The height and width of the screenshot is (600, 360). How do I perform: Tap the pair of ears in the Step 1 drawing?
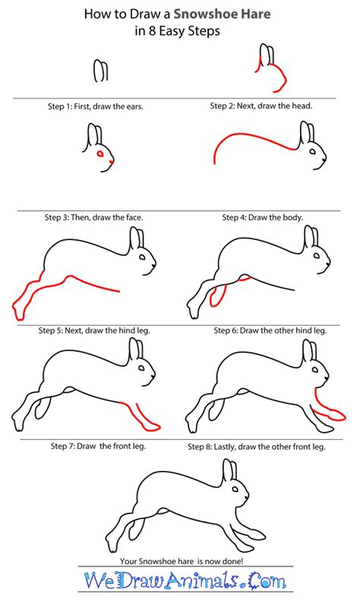(x=99, y=71)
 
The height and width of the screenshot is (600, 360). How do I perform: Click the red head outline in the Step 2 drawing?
(x=277, y=76)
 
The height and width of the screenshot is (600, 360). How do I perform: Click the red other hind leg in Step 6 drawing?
(x=216, y=292)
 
